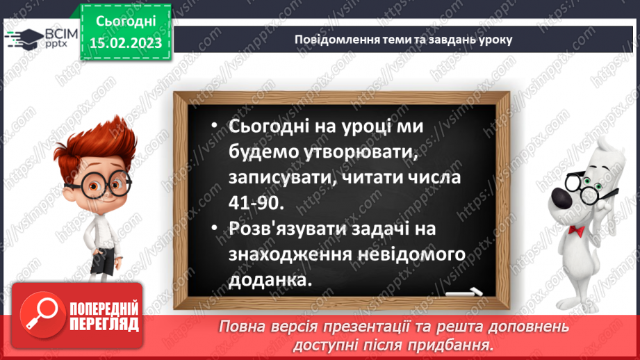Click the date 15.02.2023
tap(126, 43)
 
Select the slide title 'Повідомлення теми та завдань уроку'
tap(403, 39)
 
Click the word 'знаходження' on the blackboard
tap(295, 254)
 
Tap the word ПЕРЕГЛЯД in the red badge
tap(103, 324)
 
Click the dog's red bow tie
tap(576, 229)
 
